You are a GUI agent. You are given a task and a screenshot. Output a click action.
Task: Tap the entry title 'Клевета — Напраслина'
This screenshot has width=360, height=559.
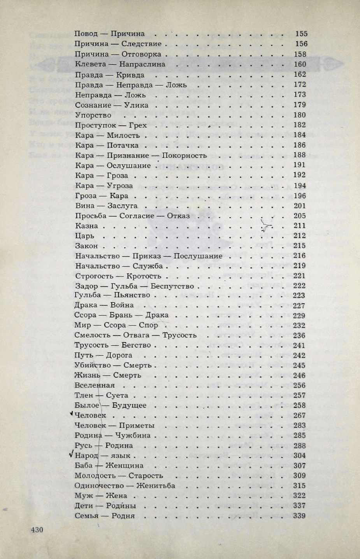120,64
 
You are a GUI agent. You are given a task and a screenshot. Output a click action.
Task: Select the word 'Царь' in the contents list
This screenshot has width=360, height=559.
84,236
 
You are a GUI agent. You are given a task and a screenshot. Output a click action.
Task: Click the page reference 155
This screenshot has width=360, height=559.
301,34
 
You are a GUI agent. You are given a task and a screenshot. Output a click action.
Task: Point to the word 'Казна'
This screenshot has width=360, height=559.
86,226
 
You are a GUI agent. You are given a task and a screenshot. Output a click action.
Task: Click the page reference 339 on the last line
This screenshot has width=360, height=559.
299,516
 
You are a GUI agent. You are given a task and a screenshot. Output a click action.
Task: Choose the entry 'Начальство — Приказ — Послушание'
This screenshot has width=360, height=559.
148,256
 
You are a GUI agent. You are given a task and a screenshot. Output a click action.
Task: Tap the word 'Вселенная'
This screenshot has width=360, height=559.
95,386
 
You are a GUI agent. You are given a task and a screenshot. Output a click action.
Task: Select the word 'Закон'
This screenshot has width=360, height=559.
86,246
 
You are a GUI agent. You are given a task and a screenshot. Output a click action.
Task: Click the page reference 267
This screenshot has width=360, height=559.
299,415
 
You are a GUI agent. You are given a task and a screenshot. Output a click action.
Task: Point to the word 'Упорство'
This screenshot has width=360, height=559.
93,115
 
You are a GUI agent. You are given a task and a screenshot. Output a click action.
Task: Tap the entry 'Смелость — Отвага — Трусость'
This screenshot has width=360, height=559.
135,335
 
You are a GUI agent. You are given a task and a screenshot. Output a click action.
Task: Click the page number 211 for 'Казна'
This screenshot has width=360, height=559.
299,226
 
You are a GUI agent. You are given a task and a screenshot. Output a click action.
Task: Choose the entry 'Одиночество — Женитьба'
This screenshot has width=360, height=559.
125,485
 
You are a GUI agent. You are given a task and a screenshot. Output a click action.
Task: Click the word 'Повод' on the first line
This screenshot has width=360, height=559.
86,34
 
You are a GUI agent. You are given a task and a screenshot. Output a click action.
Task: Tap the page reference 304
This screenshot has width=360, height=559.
299,456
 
